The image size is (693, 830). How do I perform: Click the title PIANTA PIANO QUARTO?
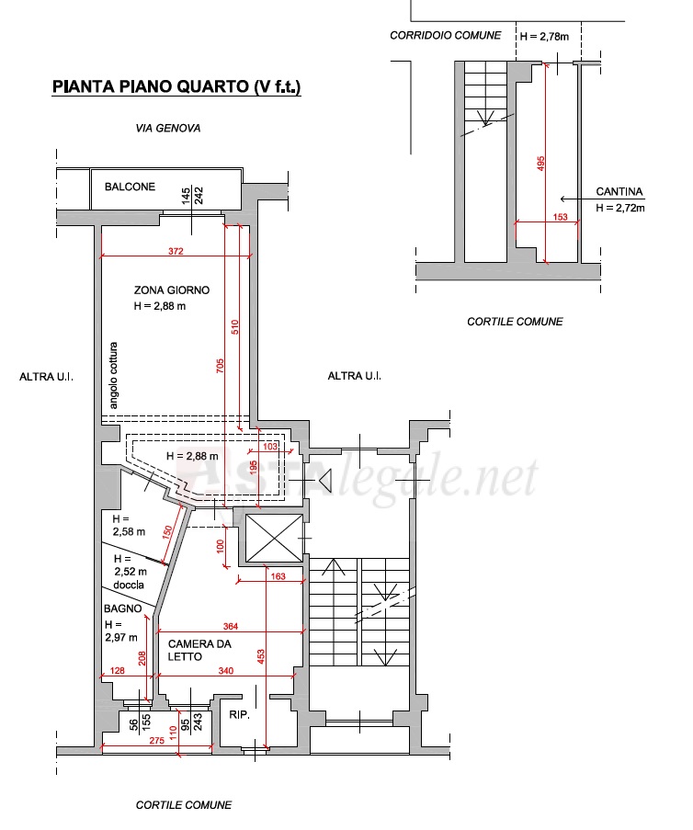[151, 86]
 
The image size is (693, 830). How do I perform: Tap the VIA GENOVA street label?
[168, 128]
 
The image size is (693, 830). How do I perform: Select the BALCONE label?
[130, 187]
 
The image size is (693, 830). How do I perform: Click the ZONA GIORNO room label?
[172, 290]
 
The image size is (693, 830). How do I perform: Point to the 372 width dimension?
[176, 251]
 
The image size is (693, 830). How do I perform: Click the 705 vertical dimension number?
[221, 366]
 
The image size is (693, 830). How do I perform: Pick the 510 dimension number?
[235, 327]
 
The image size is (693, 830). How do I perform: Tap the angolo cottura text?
[113, 375]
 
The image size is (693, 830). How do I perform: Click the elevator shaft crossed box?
[275, 538]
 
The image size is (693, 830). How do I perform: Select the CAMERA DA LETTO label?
[199, 651]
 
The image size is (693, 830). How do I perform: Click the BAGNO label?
[123, 608]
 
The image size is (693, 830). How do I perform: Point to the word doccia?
[129, 585]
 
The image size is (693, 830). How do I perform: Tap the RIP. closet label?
[239, 715]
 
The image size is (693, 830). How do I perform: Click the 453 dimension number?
[260, 657]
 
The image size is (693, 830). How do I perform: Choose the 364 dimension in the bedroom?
[231, 627]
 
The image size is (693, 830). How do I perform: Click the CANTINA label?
[619, 191]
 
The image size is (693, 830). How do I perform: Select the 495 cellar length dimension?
[540, 163]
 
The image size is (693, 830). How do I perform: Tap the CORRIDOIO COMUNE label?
[445, 36]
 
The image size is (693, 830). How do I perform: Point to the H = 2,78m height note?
[544, 37]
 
